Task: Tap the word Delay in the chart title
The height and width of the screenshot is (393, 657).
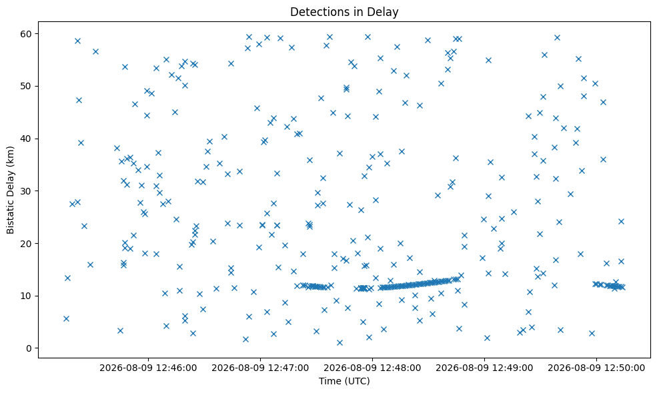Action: point(383,12)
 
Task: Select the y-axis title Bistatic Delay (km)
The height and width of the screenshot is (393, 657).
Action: point(10,190)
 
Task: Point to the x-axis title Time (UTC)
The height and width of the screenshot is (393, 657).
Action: point(344,381)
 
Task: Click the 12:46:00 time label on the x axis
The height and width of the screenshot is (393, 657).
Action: point(148,368)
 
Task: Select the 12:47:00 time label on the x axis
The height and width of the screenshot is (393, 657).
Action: point(260,368)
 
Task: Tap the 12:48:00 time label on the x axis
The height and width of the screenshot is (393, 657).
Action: point(372,368)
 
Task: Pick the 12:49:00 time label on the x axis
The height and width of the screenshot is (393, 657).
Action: point(484,368)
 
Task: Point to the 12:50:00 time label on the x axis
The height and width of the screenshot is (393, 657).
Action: point(596,368)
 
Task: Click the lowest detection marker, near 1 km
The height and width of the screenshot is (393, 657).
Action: point(340,343)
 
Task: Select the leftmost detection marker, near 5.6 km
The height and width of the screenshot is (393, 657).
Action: point(66,318)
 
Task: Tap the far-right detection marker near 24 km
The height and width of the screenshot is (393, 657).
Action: point(621,221)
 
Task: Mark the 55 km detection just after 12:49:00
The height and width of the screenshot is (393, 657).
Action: point(488,60)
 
